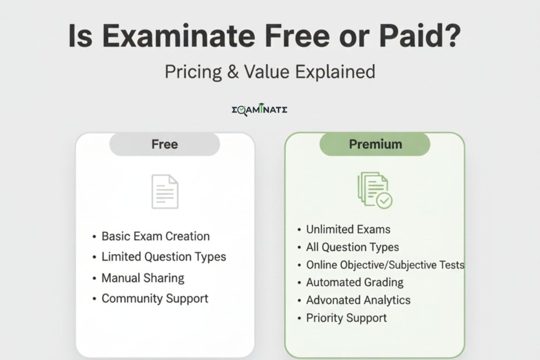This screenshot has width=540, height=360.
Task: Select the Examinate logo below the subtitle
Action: click(x=259, y=110)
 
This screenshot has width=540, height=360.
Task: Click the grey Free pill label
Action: click(x=165, y=144)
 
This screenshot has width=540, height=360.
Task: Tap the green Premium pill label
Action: click(x=375, y=144)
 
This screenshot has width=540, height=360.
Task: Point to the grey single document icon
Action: click(x=165, y=191)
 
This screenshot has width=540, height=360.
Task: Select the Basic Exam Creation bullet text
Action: click(x=155, y=236)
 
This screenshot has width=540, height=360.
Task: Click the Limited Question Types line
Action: click(x=164, y=257)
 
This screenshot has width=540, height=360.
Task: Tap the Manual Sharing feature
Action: click(x=143, y=278)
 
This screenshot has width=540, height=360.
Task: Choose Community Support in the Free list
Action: click(x=155, y=298)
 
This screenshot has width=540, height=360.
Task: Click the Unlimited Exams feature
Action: click(x=348, y=229)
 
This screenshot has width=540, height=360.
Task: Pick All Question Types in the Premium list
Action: click(x=352, y=247)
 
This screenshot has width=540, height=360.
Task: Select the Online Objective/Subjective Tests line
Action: click(x=385, y=265)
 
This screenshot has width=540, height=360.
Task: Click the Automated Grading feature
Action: click(x=355, y=283)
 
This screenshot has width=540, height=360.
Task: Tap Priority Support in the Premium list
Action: click(x=346, y=318)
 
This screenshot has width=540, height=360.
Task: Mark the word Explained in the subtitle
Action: click(x=335, y=72)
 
